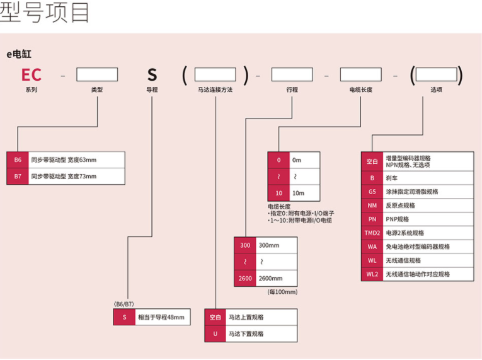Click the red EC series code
[x=32, y=75]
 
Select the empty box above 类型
[x=96, y=74]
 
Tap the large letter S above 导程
[x=152, y=75]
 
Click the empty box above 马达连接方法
[x=215, y=74]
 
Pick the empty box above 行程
[x=292, y=74]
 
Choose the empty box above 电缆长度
[x=360, y=74]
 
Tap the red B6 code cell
[x=18, y=160]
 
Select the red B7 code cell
[x=18, y=176]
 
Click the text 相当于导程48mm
[x=161, y=317]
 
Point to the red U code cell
[x=215, y=334]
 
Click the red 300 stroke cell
[x=244, y=245]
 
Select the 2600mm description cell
[x=276, y=278]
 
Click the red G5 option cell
[x=372, y=192]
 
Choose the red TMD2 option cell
[x=372, y=233]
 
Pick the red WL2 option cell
[x=372, y=274]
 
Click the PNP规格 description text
[x=398, y=219]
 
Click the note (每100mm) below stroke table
[x=282, y=292]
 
